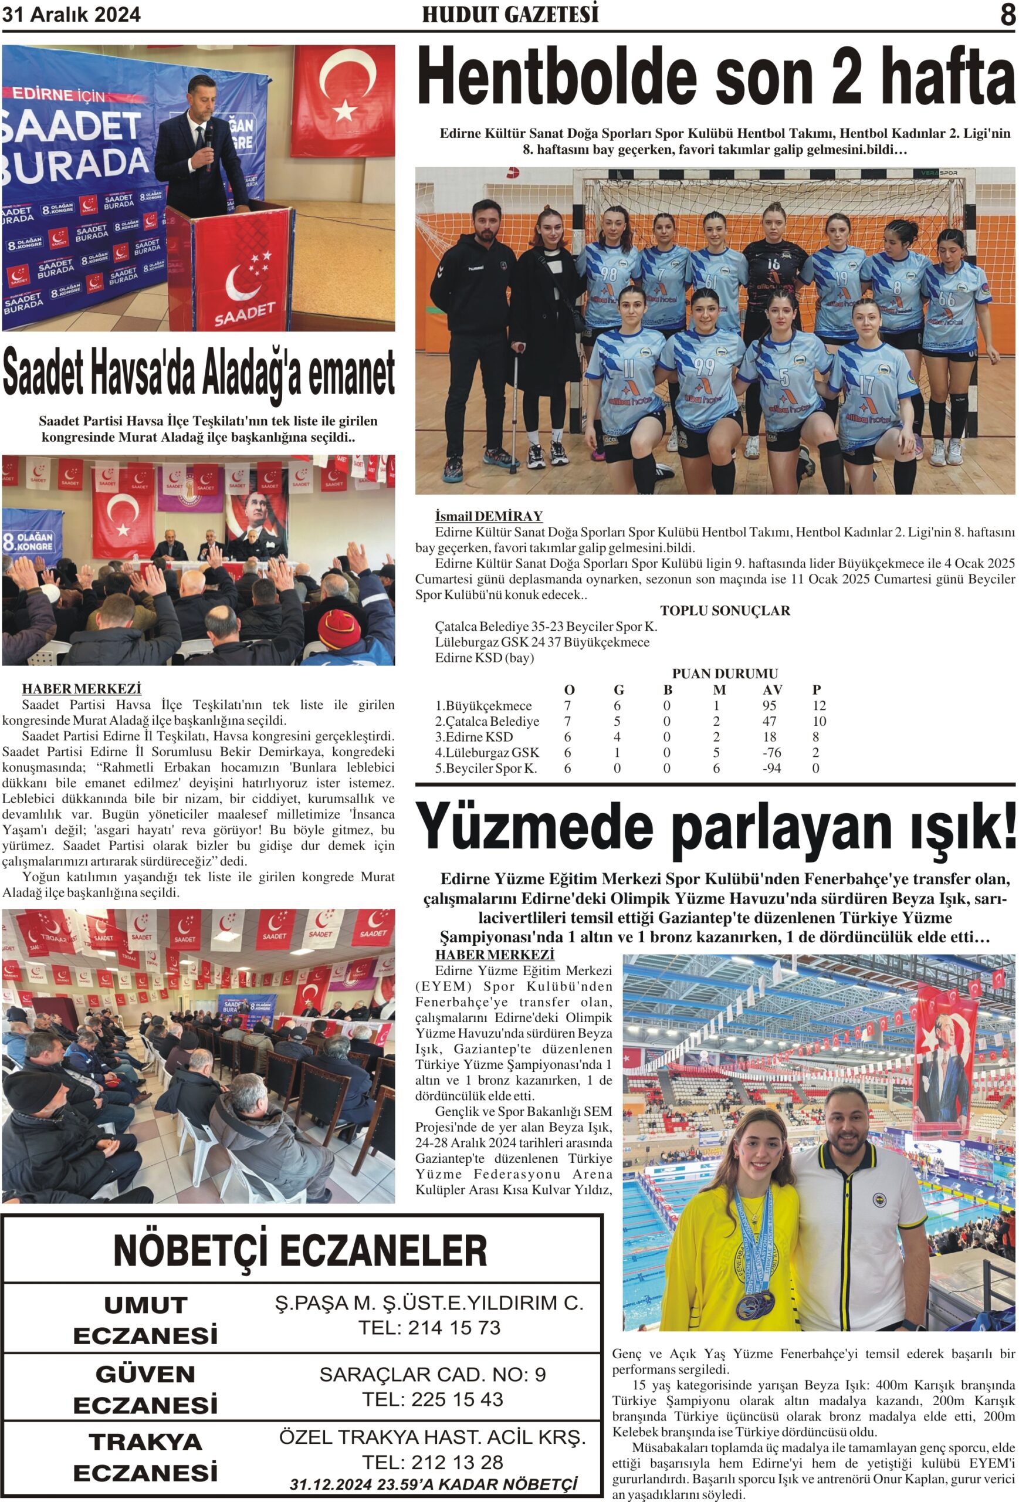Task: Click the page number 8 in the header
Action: [1007, 15]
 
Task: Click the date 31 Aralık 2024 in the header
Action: [71, 14]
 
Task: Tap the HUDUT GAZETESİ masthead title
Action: [510, 15]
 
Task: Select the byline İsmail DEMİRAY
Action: [489, 516]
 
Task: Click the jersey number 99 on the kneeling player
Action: [705, 367]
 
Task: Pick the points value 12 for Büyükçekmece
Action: [819, 706]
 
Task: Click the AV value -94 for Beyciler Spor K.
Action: [771, 769]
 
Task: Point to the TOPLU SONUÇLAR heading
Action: [725, 611]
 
